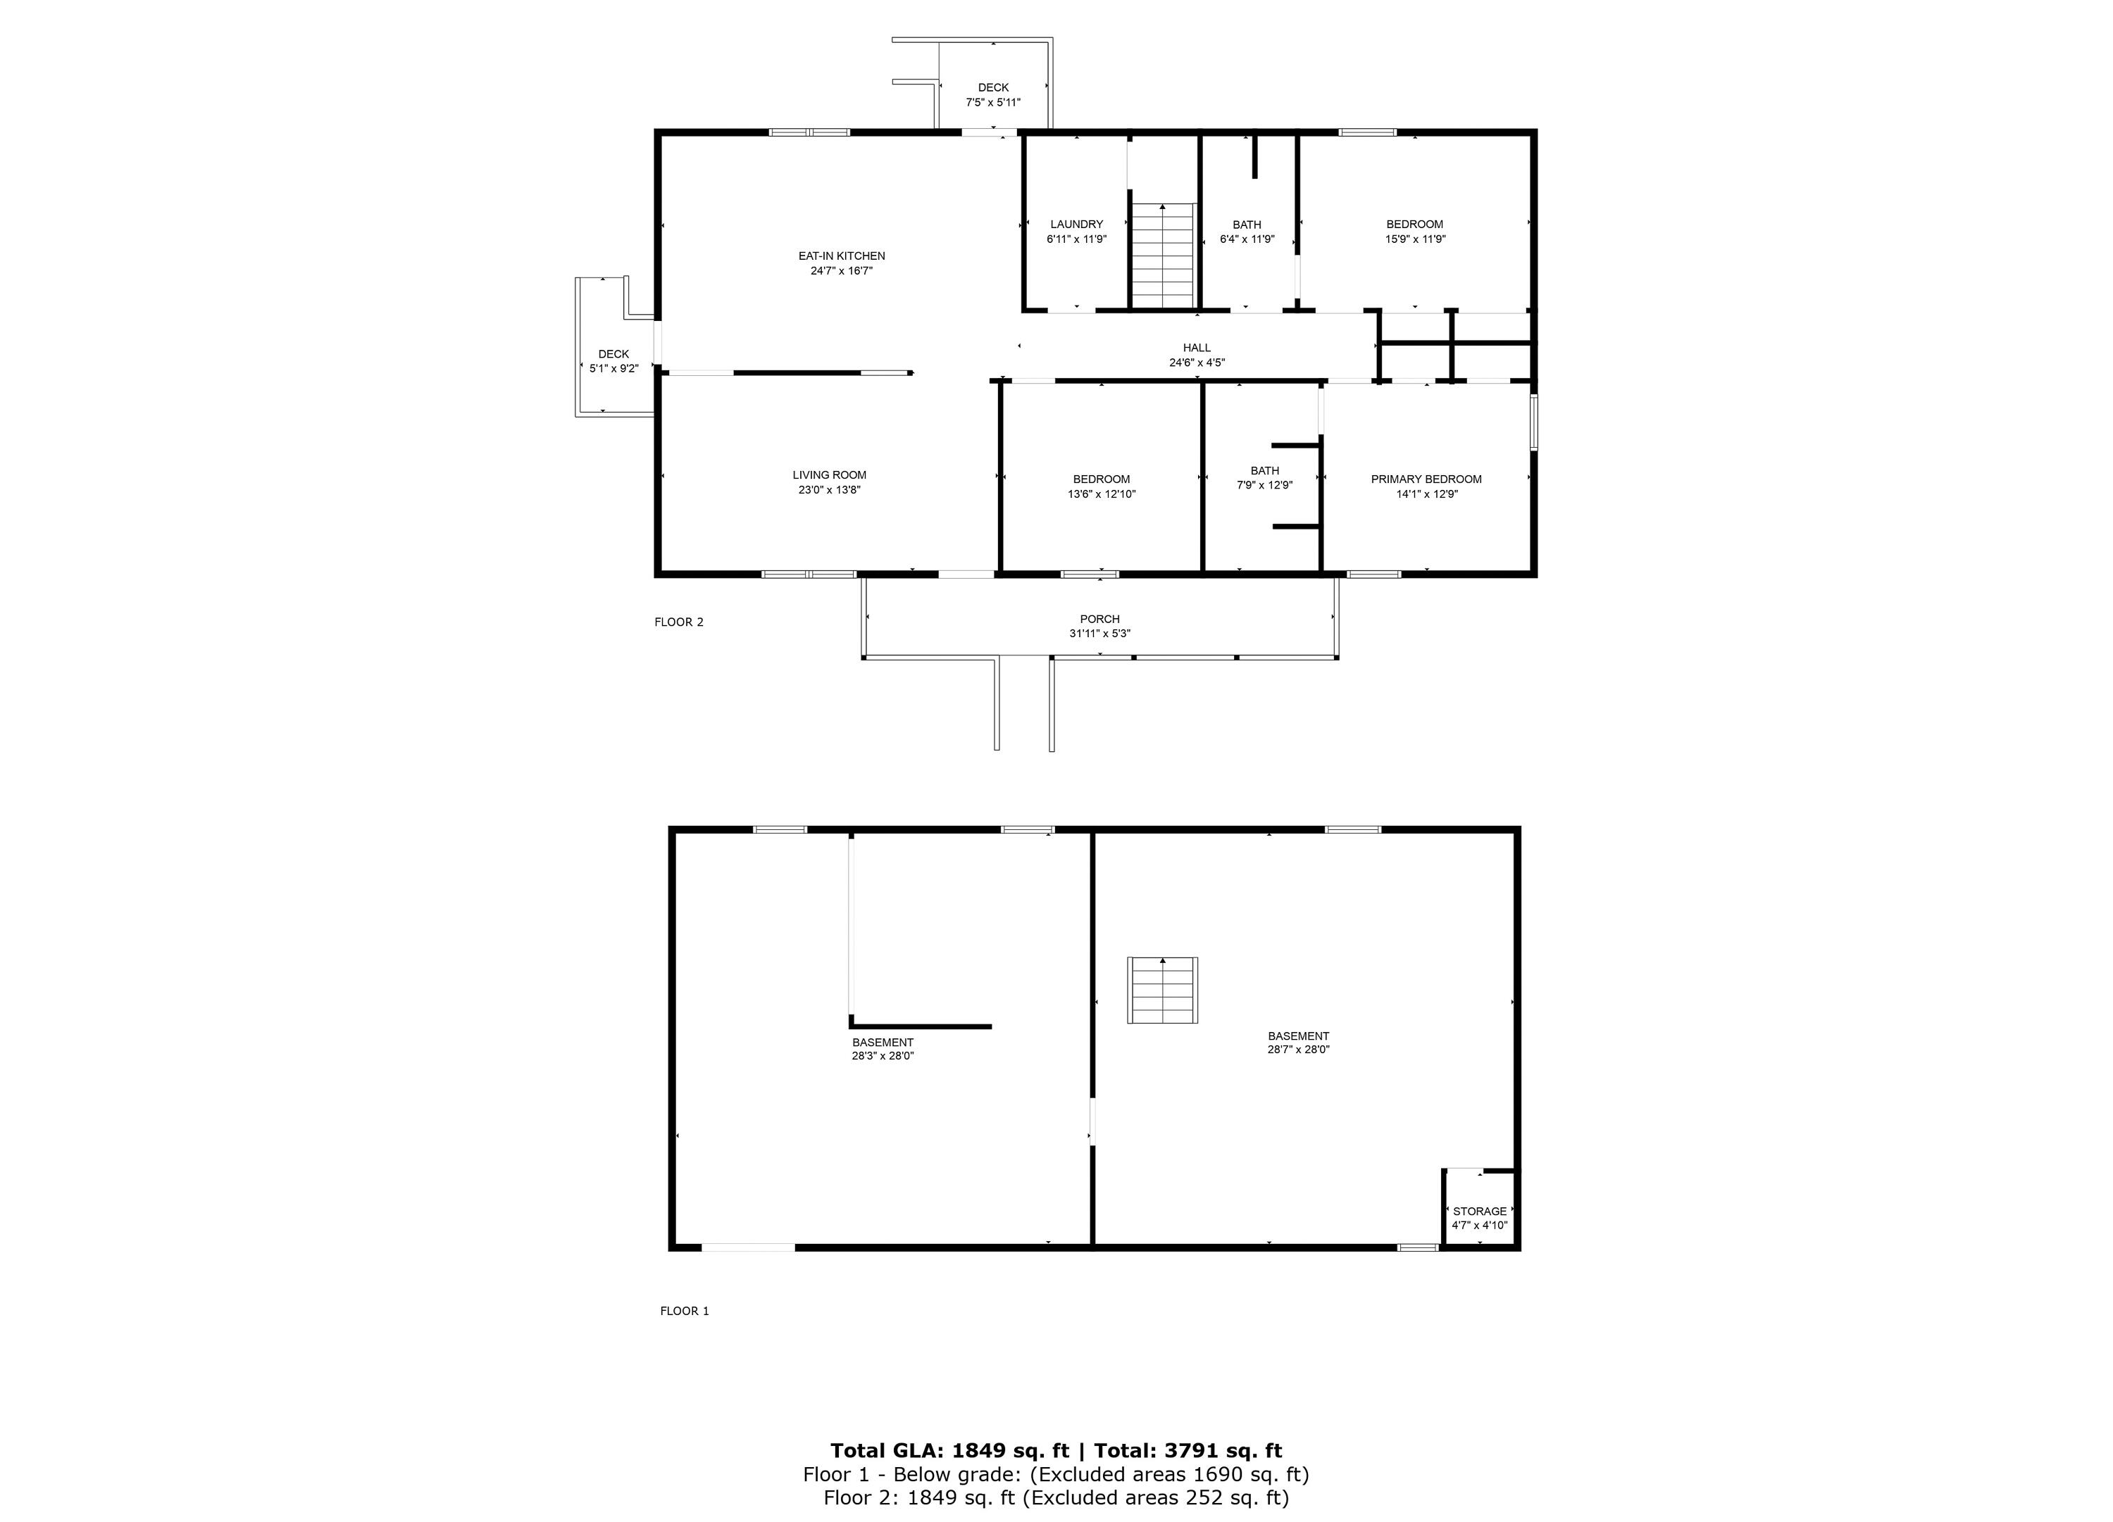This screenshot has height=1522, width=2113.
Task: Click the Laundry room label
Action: tap(1076, 225)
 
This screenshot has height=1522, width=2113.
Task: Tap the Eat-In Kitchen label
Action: tap(841, 256)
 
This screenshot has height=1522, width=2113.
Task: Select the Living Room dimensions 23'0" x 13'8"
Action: tap(829, 490)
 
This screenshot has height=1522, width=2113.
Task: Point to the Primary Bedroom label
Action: tap(1426, 479)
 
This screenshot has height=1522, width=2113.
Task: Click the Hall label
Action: tap(1197, 348)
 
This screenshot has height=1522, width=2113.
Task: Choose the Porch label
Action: tap(1099, 620)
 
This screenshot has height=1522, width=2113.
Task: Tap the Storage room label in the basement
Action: tap(1480, 1212)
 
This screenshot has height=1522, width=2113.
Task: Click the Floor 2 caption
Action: tap(679, 622)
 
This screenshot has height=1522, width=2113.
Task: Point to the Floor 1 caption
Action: tap(685, 1312)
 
